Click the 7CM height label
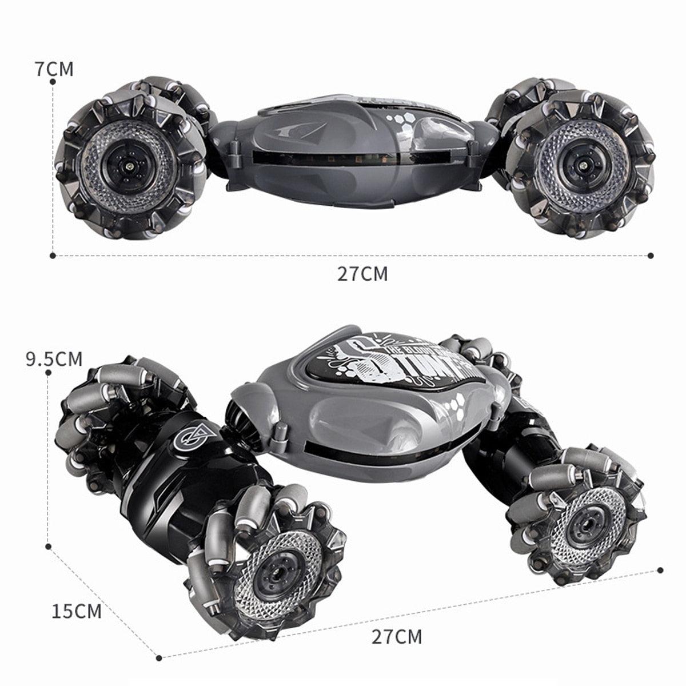54,69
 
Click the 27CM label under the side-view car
362,274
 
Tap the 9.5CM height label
54,359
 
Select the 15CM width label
77,611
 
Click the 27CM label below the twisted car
397,636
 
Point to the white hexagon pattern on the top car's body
400,122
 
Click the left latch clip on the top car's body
234,152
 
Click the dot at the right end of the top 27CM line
651,256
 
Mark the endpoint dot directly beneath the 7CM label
53,82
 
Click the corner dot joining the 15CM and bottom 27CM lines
158,657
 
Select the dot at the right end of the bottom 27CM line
661,570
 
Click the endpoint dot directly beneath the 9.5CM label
49,373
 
